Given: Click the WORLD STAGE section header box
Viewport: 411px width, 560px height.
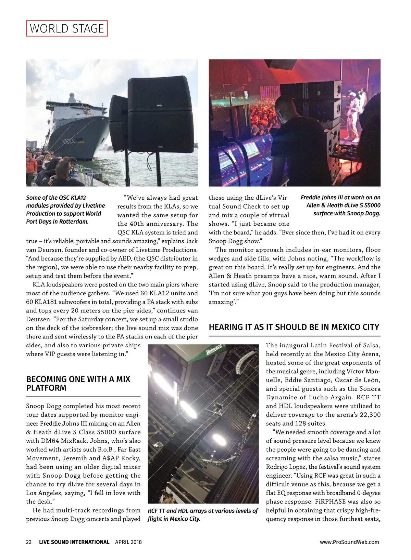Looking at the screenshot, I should click(x=67, y=28).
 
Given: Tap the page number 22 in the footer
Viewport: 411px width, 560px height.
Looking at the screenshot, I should click(x=29, y=542).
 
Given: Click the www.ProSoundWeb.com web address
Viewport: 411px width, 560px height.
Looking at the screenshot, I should click(x=349, y=542).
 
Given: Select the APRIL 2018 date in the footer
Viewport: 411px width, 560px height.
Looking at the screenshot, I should click(x=128, y=542).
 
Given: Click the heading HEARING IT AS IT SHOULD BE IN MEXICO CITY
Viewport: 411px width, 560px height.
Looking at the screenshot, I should click(x=294, y=327).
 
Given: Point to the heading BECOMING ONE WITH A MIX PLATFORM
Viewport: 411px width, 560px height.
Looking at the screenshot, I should click(x=78, y=384).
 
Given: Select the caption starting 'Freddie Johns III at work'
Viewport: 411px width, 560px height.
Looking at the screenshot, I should click(x=340, y=205).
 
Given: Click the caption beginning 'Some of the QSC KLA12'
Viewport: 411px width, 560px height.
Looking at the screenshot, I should click(x=65, y=210).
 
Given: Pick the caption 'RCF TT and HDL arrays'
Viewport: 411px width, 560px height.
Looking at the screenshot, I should click(x=202, y=515).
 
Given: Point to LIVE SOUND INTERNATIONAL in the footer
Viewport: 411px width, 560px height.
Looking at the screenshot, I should click(x=74, y=542).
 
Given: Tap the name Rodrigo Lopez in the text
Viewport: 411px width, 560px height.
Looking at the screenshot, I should click(x=285, y=467).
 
